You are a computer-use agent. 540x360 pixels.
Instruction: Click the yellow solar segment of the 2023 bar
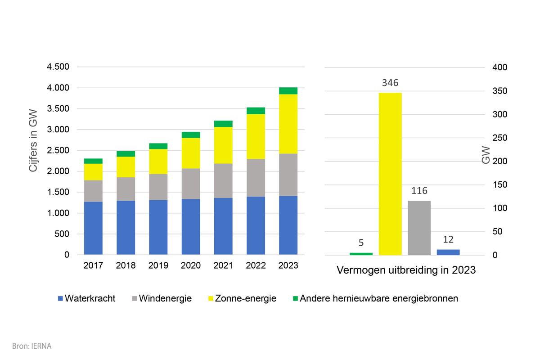(x=288, y=124)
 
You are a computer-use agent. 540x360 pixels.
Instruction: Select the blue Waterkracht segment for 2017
(x=93, y=228)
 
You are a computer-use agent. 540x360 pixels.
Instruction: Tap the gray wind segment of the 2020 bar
(x=191, y=184)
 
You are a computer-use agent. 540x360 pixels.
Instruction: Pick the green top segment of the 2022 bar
(x=256, y=111)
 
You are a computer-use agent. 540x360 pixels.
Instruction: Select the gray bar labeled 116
(x=419, y=228)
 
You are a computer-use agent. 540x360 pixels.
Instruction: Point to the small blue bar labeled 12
(x=448, y=252)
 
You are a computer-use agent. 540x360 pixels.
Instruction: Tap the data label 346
(x=390, y=83)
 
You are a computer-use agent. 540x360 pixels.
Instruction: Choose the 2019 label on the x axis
(x=158, y=265)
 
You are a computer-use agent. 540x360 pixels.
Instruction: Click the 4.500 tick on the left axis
(x=58, y=67)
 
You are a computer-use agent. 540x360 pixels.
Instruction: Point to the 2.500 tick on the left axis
(x=58, y=151)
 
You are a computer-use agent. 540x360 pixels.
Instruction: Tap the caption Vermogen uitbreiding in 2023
(x=406, y=271)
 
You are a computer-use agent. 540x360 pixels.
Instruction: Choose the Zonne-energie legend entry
(x=241, y=298)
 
